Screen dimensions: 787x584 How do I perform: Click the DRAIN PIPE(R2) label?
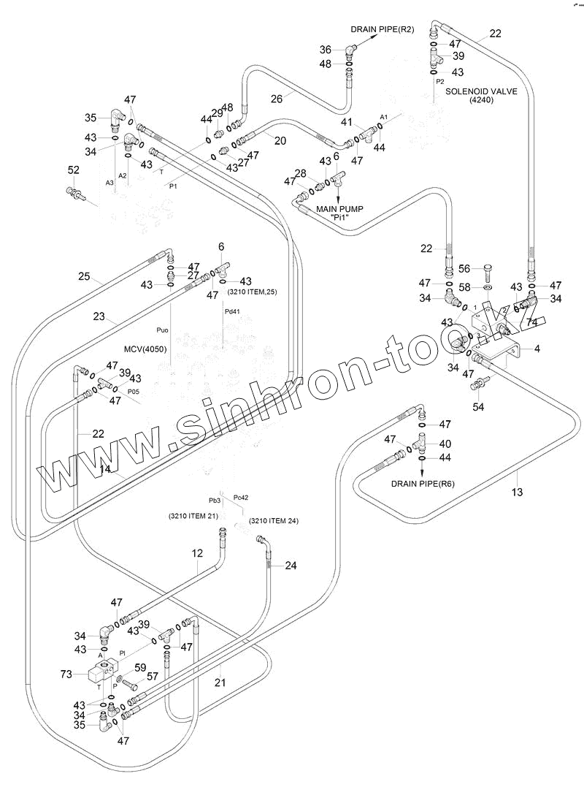click(x=382, y=29)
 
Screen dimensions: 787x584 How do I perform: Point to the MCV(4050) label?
click(x=144, y=349)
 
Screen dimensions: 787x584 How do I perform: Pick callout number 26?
click(x=277, y=97)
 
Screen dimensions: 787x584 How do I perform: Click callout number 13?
click(x=516, y=493)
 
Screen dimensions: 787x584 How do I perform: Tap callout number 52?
click(x=73, y=170)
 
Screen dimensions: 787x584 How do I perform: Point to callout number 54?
click(x=479, y=406)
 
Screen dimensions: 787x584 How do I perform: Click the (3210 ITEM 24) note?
click(x=274, y=521)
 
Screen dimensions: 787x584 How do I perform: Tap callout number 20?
click(x=280, y=141)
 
